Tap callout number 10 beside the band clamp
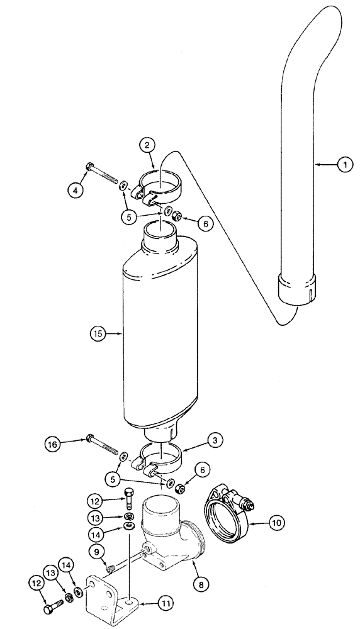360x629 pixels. [x=278, y=521]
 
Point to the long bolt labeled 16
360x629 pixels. [x=104, y=444]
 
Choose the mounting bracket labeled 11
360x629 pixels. [x=116, y=591]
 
